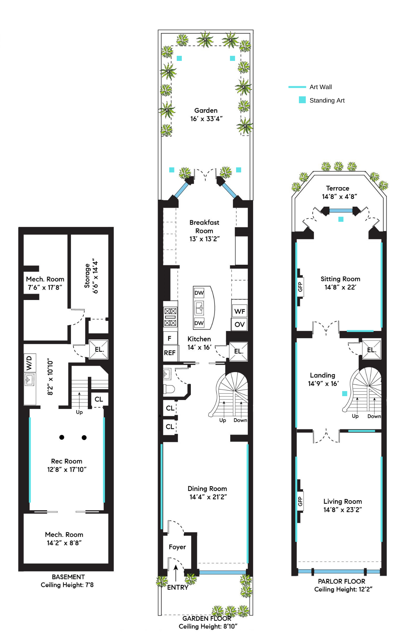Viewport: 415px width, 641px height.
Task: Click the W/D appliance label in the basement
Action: click(x=29, y=362)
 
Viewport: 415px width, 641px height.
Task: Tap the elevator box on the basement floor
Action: click(x=98, y=349)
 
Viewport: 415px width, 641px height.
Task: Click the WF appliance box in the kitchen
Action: click(x=240, y=311)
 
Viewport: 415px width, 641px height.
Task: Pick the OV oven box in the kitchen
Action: click(x=240, y=324)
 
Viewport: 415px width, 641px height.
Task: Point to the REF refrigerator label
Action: click(x=170, y=353)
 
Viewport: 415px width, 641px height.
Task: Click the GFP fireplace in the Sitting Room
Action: click(x=300, y=287)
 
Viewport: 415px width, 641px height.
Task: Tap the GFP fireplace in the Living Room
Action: click(x=300, y=501)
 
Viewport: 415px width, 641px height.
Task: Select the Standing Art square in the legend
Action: click(x=302, y=100)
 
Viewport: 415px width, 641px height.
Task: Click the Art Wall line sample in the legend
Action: click(x=297, y=87)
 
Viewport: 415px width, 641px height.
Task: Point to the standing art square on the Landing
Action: click(x=345, y=393)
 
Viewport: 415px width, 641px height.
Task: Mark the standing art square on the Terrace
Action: click(x=341, y=219)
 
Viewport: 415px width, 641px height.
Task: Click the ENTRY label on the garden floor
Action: click(x=178, y=587)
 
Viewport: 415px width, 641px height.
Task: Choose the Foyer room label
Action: click(x=177, y=547)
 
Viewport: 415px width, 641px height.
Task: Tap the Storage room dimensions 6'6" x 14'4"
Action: click(x=95, y=276)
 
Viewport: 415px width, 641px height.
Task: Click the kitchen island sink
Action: click(x=199, y=308)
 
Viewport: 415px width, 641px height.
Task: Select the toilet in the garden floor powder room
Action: click(x=169, y=389)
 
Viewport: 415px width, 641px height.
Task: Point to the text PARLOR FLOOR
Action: click(x=342, y=581)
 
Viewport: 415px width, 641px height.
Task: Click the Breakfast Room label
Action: click(x=204, y=227)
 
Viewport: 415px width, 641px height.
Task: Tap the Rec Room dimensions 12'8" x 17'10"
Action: click(x=67, y=470)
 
